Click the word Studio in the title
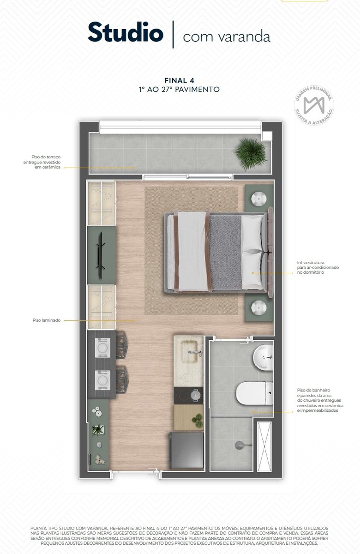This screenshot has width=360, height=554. [126, 32]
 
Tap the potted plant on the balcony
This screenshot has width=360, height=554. [251, 154]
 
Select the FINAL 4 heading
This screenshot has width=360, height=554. [179, 81]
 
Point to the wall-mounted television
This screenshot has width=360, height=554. [101, 255]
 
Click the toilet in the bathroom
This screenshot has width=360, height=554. [254, 393]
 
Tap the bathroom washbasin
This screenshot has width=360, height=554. [263, 358]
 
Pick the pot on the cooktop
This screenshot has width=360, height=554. [195, 395]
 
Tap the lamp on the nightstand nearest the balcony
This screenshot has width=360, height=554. [259, 199]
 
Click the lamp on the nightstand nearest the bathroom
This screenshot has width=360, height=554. [259, 307]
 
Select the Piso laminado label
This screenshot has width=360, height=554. [47, 320]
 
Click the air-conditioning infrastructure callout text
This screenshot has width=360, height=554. [318, 267]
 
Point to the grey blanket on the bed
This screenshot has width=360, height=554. [226, 252]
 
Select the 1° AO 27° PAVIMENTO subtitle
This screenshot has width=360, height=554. [179, 89]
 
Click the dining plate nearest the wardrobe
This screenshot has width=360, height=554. [102, 348]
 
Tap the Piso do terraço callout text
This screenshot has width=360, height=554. [42, 162]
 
